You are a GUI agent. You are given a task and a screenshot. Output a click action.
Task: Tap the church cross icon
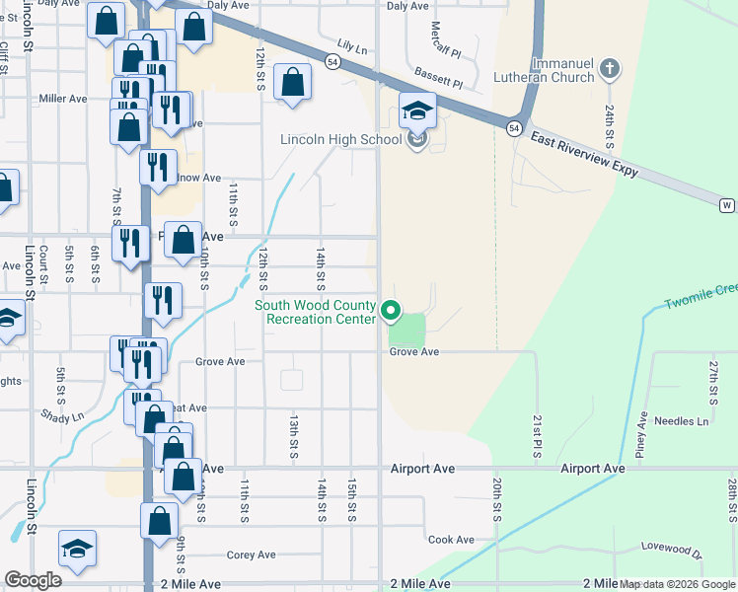[x=610, y=68]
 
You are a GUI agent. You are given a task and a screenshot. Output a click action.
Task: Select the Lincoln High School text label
[x=340, y=140]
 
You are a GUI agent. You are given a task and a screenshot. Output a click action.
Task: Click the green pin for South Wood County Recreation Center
[x=391, y=312]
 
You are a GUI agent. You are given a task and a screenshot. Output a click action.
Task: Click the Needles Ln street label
[x=689, y=421]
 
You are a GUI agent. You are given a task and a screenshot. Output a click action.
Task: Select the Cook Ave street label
[x=451, y=540]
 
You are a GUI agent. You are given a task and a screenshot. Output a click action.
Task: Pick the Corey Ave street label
[x=252, y=555]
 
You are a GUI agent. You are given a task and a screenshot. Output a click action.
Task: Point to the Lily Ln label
[x=351, y=46]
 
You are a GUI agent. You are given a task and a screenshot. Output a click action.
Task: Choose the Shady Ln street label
[x=62, y=417]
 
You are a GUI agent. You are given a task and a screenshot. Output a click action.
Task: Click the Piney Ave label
[x=642, y=433]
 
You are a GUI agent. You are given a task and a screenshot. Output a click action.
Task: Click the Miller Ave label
[x=63, y=99]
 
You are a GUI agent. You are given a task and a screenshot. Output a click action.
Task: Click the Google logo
[x=33, y=580]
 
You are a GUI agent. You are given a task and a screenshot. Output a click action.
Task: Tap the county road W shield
[x=727, y=204]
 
